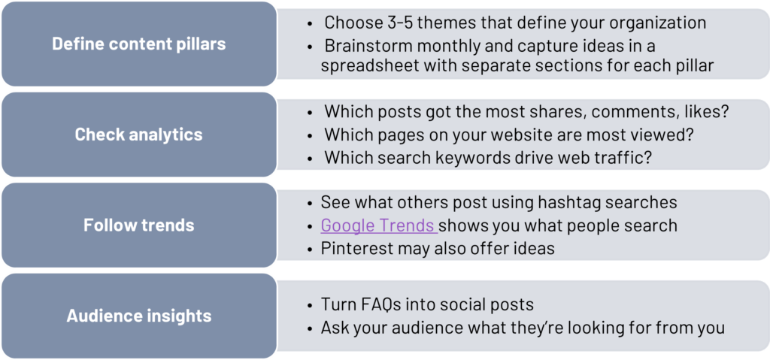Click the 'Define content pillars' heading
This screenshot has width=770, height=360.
point(139,44)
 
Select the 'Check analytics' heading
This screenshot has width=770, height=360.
point(138,135)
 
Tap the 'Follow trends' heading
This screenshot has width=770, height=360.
point(139,225)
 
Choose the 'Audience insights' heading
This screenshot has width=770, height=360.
point(139,316)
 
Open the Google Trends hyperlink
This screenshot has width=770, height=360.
point(379,225)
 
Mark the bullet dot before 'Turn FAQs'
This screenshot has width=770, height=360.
point(310,305)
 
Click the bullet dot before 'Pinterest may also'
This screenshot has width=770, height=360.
point(310,250)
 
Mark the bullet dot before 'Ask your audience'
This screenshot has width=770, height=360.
point(310,328)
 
